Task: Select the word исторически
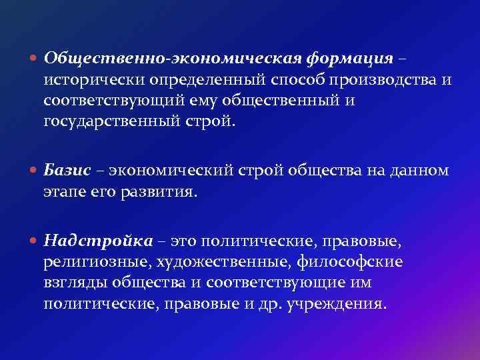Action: pyautogui.click(x=85, y=81)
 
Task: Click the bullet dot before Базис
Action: pyautogui.click(x=34, y=171)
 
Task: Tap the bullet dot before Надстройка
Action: pyautogui.click(x=34, y=241)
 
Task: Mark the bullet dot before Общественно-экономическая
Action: pyautogui.click(x=34, y=59)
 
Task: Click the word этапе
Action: pyautogui.click(x=62, y=192)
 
